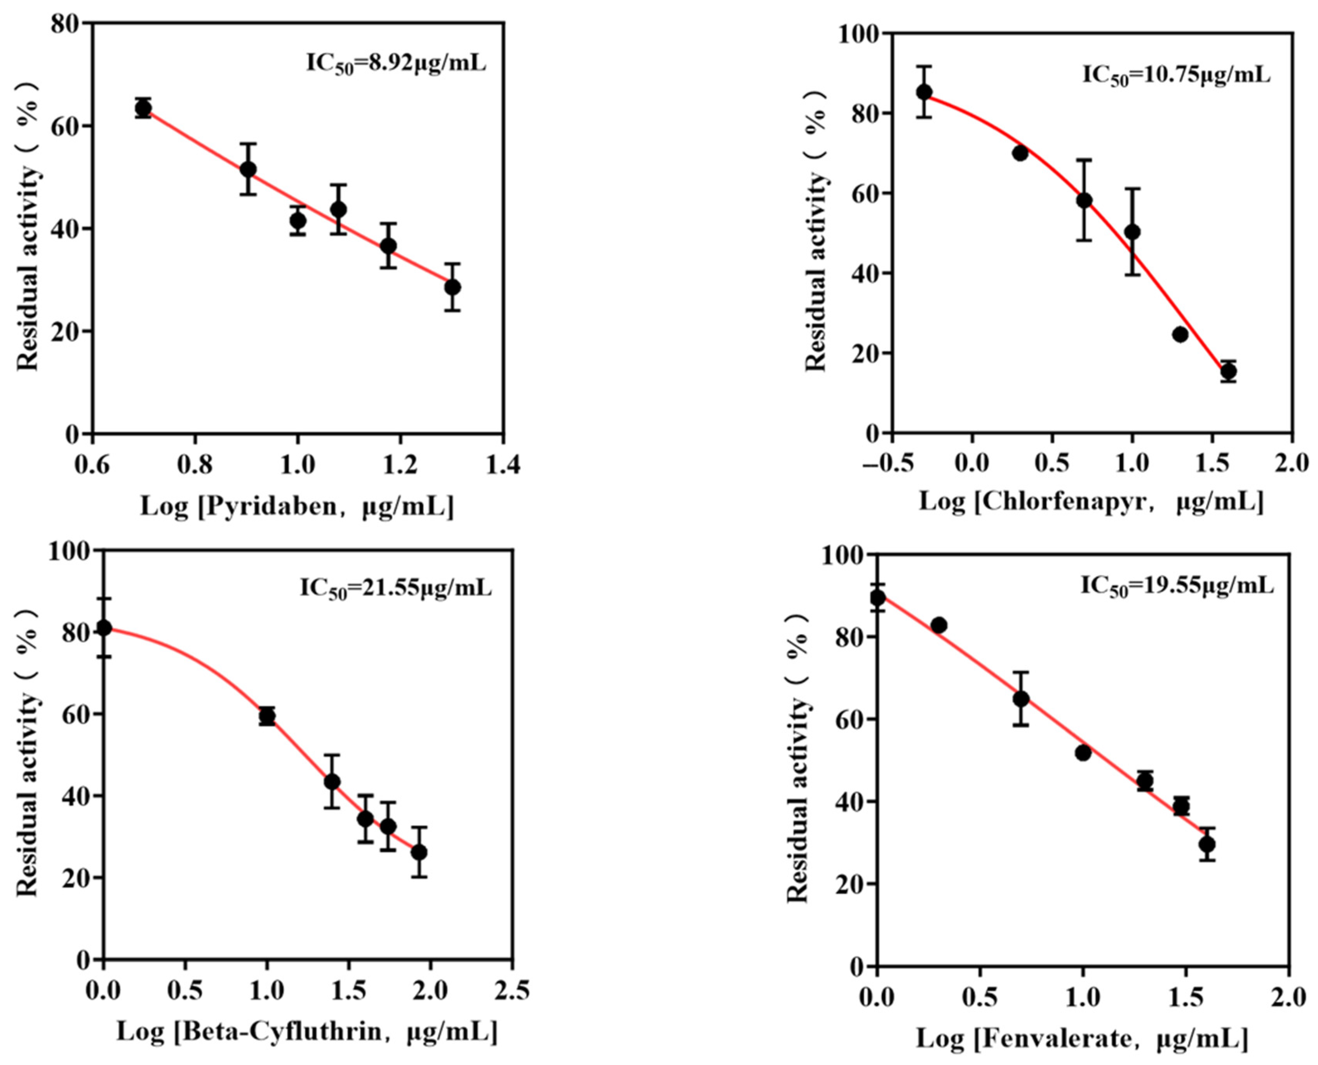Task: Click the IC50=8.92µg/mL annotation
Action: click(396, 64)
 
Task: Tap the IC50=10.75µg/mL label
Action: click(1175, 77)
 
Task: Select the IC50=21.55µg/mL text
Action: click(396, 589)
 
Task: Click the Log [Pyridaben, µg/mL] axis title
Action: click(297, 507)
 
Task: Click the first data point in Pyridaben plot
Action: click(144, 109)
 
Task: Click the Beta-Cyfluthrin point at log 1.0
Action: click(267, 716)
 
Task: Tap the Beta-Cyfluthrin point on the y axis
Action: click(104, 628)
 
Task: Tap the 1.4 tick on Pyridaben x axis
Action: click(503, 465)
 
